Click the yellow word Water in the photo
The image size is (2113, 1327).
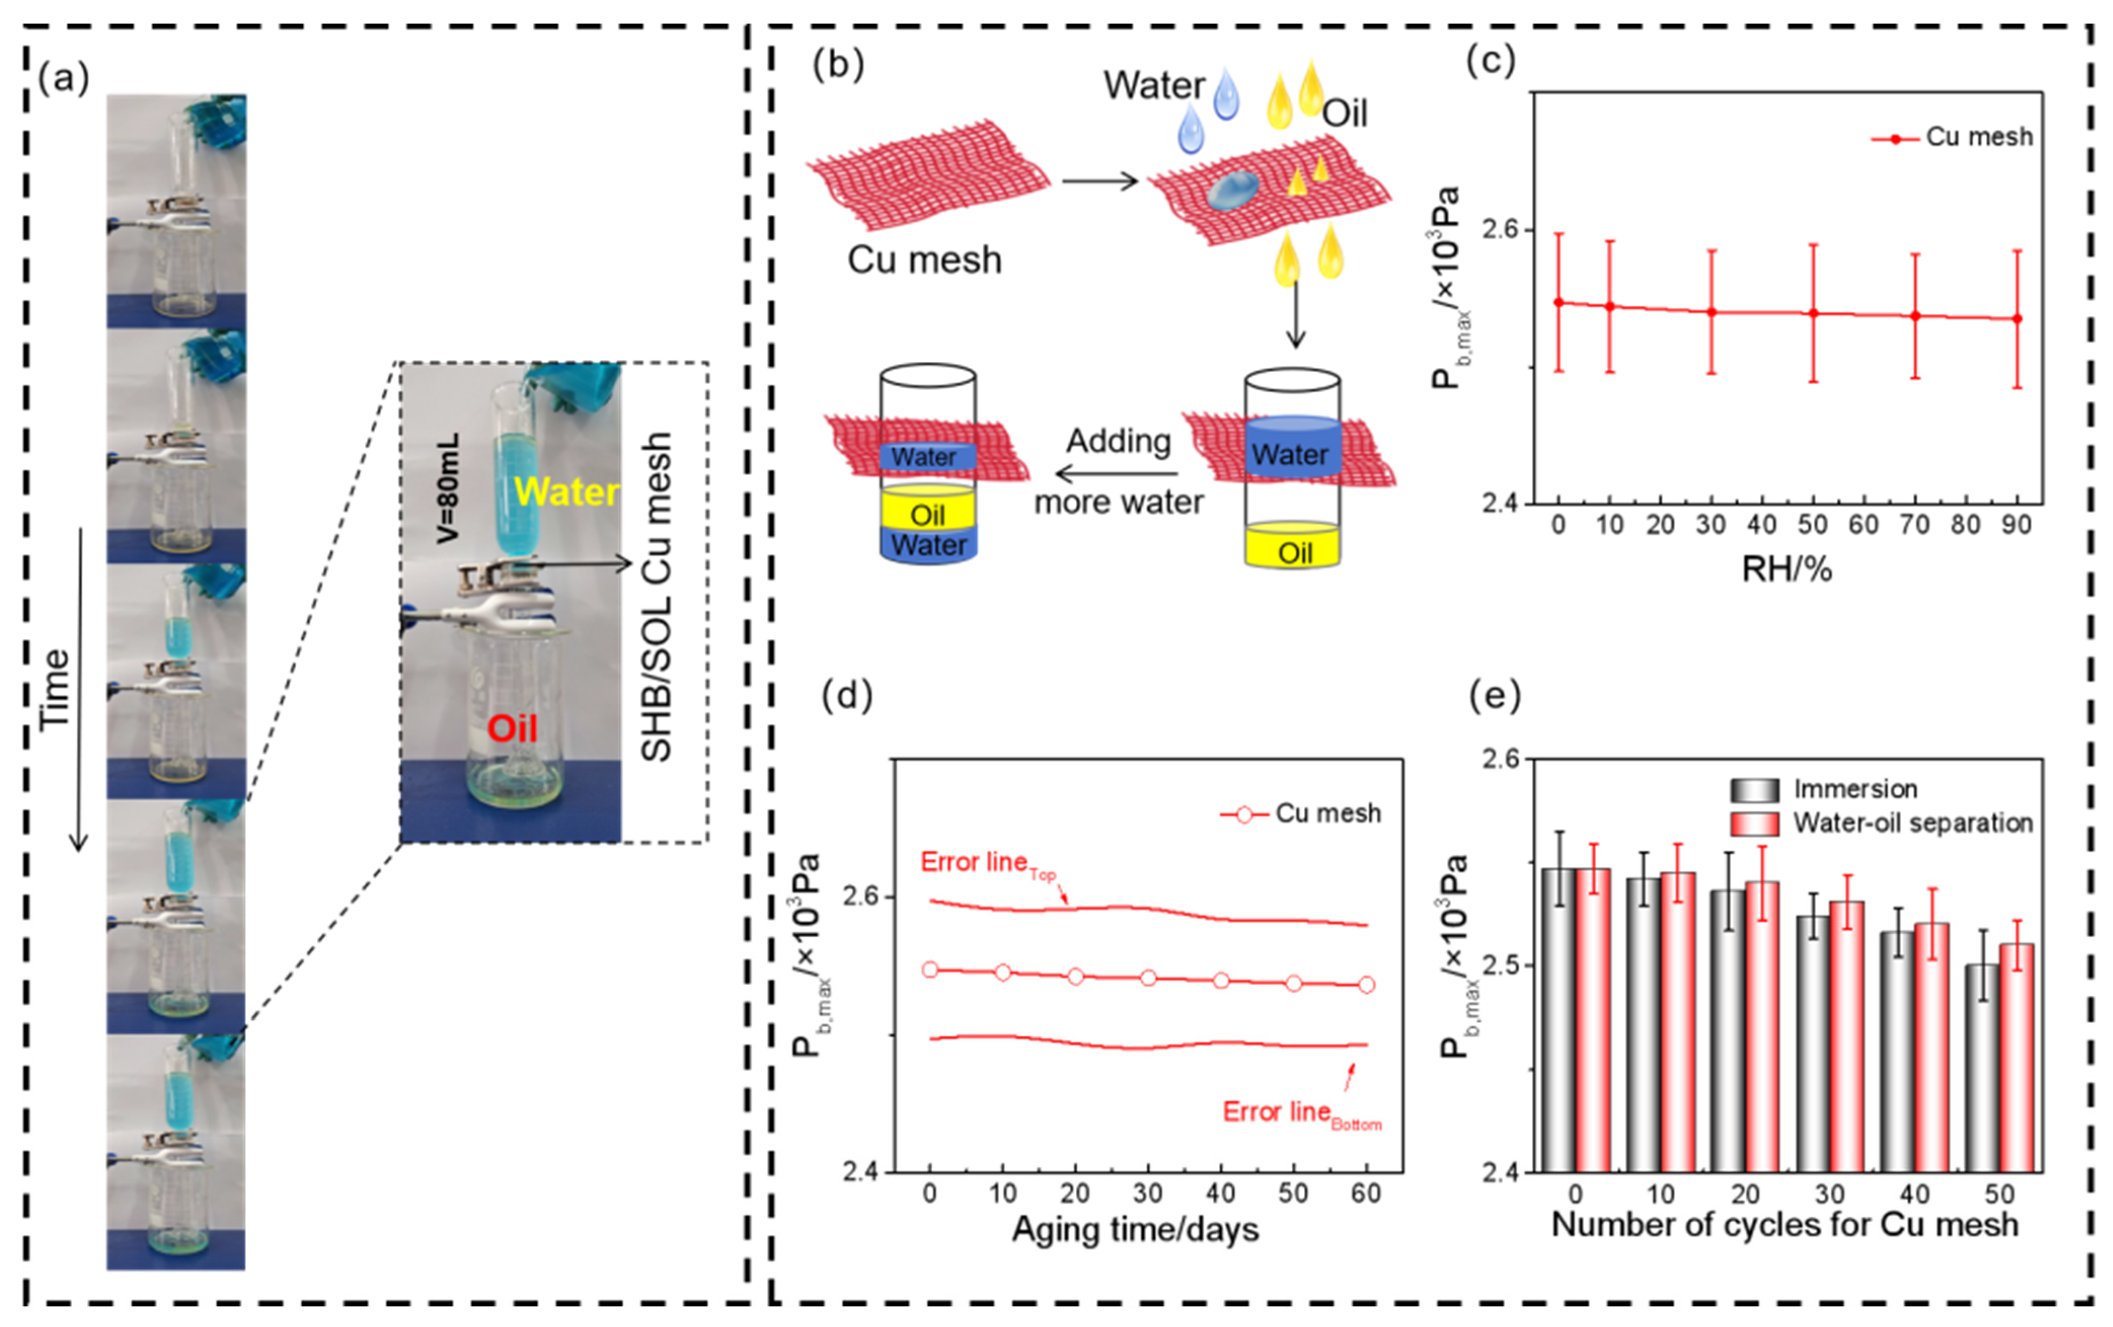(x=567, y=491)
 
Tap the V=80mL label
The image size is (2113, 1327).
(x=447, y=487)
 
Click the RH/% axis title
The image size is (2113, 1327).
(x=1787, y=570)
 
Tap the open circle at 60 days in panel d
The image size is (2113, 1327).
(x=1366, y=984)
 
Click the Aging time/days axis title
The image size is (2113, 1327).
(x=1135, y=1230)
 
